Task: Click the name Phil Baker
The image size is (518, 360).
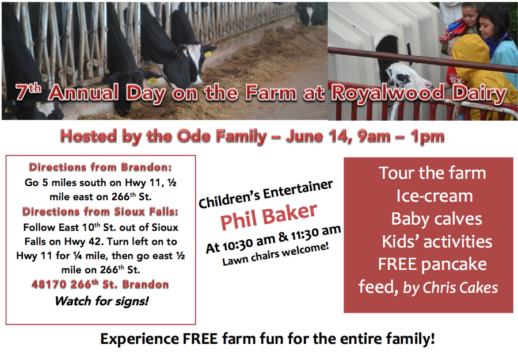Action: click(x=269, y=216)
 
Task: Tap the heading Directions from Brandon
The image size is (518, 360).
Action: click(x=100, y=167)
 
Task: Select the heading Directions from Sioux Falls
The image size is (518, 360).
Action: click(x=100, y=211)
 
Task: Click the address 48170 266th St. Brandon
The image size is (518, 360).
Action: click(x=100, y=284)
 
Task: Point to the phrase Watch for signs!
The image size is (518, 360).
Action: click(x=102, y=301)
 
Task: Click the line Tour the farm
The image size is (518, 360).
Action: click(x=432, y=173)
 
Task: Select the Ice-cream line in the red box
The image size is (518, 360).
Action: click(x=435, y=196)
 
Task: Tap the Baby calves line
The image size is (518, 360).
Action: click(x=436, y=219)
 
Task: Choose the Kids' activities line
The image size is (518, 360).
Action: click(x=437, y=242)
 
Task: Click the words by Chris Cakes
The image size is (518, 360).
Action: click(x=451, y=288)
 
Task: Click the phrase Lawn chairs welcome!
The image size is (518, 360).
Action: click(x=276, y=254)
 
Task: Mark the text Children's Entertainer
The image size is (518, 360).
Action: click(x=265, y=194)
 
